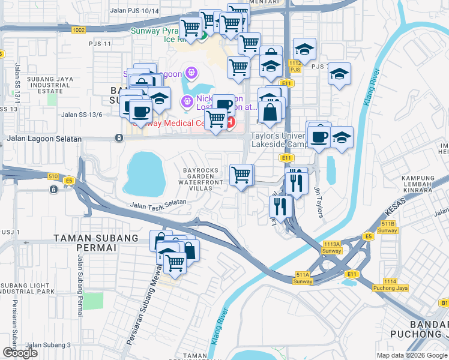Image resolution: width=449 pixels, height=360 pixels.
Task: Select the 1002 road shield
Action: [x=78, y=29]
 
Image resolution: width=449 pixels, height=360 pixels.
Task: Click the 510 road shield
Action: [x=53, y=176]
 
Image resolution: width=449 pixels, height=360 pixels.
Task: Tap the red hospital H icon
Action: [x=229, y=122]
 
